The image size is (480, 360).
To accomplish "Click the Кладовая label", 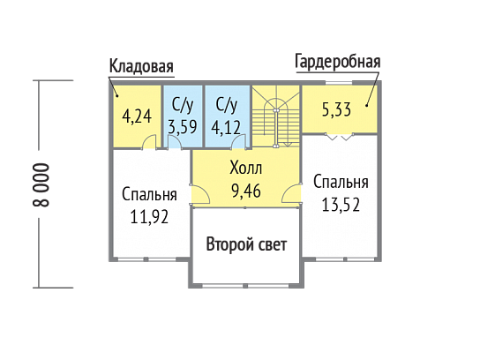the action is tap(141, 66).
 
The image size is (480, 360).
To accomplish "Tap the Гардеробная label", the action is tap(338, 62).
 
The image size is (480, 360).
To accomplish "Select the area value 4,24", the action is tap(137, 116).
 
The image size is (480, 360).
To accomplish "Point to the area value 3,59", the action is tap(183, 127).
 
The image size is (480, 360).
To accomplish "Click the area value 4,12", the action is tap(226, 128).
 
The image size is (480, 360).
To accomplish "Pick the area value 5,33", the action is tap(336, 109).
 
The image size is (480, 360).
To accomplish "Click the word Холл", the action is tap(246, 168).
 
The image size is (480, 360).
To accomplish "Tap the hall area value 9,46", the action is tap(246, 191).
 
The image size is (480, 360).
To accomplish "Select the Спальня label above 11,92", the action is tap(149, 194).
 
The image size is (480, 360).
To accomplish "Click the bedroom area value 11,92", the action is tap(149, 217).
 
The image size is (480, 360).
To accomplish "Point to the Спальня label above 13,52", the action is tap(341, 182).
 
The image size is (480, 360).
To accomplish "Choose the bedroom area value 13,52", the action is tap(341, 205).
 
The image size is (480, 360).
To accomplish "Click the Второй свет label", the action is tap(246, 244).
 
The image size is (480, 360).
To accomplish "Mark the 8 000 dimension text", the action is tap(41, 185).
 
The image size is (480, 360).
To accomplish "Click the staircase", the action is tap(276, 116).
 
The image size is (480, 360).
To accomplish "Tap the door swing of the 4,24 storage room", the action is tap(150, 142).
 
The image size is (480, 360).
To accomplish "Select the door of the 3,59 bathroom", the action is tap(174, 142).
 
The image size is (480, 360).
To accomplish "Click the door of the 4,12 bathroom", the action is tap(239, 141).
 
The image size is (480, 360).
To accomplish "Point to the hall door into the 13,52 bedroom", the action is tap(291, 193).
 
